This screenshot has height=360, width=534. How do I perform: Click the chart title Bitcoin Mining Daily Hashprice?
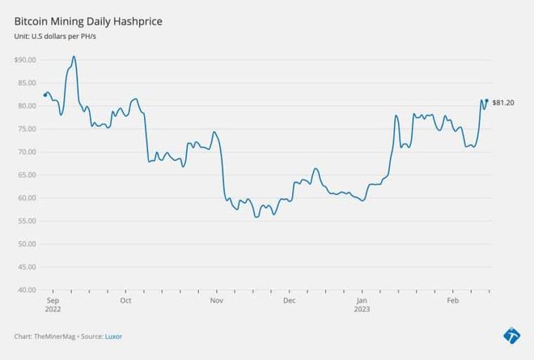click(x=88, y=21)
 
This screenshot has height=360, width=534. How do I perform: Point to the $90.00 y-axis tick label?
click(x=25, y=60)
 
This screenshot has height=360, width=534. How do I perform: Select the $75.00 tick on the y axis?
click(x=25, y=129)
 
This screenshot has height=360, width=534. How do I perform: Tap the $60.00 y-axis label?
click(x=25, y=197)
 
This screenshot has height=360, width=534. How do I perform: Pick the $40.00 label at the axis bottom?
click(x=25, y=290)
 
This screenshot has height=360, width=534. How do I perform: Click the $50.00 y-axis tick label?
click(x=25, y=244)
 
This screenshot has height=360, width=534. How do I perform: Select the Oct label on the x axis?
click(x=125, y=300)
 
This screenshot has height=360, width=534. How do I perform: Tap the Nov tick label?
click(x=216, y=300)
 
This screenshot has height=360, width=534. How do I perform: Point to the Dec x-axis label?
click(x=289, y=300)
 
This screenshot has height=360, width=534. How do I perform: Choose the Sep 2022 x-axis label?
click(x=53, y=304)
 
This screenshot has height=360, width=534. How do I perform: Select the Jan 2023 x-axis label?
click(x=363, y=304)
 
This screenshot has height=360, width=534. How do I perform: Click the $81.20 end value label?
click(x=503, y=102)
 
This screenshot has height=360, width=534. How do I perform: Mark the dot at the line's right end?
click(x=486, y=101)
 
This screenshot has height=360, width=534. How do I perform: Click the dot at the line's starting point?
click(x=45, y=95)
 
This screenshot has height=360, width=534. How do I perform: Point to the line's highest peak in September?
click(x=74, y=57)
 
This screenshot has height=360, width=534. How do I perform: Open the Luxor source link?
click(x=113, y=336)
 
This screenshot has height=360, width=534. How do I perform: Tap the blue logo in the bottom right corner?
click(x=511, y=334)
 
